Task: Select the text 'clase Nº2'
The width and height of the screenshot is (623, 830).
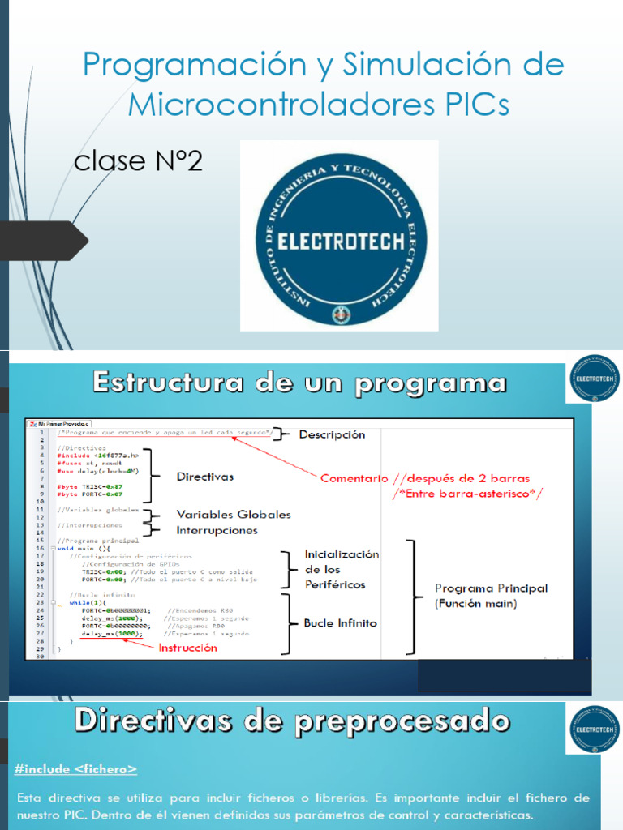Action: coord(138,161)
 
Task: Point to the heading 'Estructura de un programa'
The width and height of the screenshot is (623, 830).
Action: coord(299,383)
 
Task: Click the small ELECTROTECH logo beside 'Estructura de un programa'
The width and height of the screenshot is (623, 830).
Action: coord(594,379)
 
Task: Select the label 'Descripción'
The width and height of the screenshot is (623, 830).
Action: coord(332,434)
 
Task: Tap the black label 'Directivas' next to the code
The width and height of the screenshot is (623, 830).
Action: coord(205,477)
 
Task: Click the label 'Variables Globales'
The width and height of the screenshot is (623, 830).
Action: coord(234,515)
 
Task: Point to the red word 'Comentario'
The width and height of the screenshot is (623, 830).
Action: coord(350,478)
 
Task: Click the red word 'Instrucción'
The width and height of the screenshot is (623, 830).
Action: coord(188,648)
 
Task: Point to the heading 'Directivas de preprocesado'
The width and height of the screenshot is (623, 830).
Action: coord(293,721)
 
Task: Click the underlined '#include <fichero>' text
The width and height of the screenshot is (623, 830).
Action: coord(75,768)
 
